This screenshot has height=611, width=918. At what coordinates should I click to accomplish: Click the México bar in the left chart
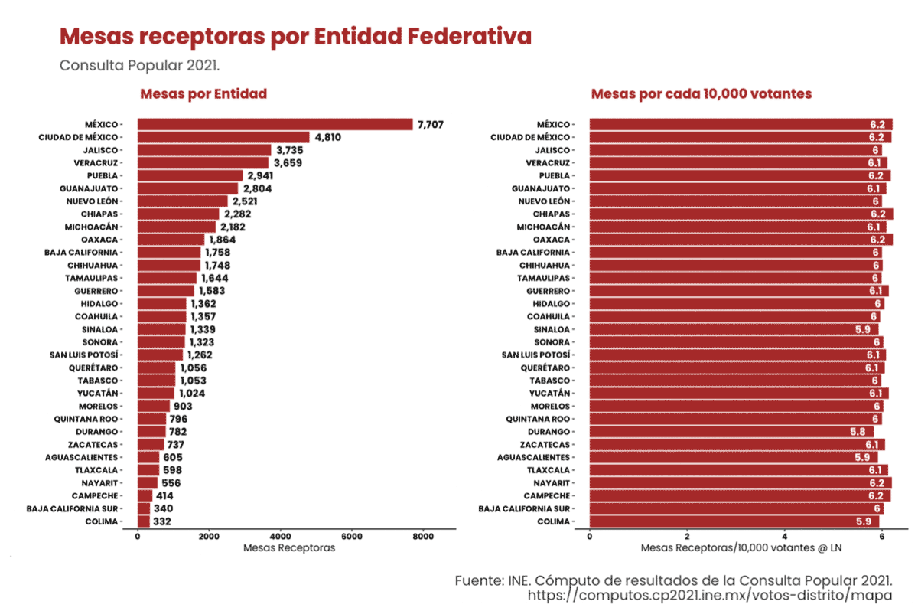pos(275,124)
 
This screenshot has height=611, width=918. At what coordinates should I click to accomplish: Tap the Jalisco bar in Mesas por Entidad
pos(204,150)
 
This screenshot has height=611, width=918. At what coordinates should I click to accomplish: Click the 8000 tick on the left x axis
pos(423,537)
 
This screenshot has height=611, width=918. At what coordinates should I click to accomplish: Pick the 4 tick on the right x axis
pos(785,537)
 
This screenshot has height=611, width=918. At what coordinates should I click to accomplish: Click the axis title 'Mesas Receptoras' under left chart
pos(288,548)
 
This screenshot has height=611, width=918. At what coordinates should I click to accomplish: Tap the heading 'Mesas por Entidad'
pos(203,94)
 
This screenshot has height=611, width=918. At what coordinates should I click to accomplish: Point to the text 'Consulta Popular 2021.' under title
pos(139,65)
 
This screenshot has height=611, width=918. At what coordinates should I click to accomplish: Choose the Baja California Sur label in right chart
pos(524,508)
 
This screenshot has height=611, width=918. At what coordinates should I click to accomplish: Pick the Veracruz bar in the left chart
pos(203,162)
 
